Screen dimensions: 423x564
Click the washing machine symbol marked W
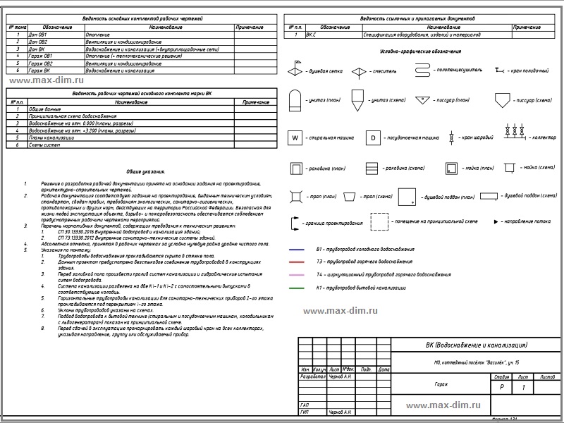tap(295, 138)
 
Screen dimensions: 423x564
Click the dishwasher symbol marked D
tap(374, 138)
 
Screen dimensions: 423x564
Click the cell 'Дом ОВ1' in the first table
tap(38, 35)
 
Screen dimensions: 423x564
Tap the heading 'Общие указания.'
tap(146, 171)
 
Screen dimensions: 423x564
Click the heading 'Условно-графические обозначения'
tap(419, 52)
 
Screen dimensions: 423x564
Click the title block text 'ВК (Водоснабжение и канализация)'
tap(477, 345)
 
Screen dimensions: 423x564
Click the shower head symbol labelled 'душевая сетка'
tap(294, 71)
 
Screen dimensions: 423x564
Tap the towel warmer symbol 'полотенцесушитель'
tap(422, 70)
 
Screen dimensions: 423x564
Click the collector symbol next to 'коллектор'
tap(512, 131)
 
